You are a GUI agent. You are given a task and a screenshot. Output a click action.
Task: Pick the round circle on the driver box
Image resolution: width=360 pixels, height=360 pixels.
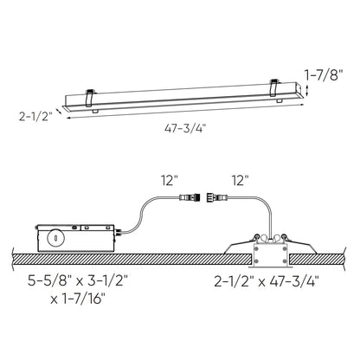click(57, 237)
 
